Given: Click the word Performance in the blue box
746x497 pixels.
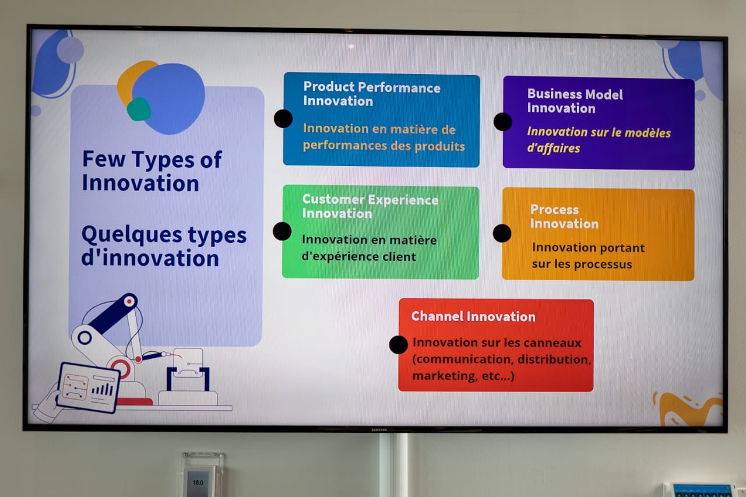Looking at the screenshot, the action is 399,87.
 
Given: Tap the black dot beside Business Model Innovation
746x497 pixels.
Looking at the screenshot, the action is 502,122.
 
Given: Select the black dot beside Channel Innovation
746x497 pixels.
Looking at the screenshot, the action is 398,344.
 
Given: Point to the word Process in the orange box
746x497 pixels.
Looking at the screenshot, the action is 554,210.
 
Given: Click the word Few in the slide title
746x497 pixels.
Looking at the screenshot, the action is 104,159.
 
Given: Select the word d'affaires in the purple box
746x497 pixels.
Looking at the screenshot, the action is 553,148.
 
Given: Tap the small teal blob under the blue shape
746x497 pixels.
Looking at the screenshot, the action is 139,109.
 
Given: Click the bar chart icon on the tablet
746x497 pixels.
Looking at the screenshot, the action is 103,389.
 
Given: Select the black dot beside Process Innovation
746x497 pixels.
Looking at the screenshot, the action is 502,233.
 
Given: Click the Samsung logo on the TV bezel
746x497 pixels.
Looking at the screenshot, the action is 379,430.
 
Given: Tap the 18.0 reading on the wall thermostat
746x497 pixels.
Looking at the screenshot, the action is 198,482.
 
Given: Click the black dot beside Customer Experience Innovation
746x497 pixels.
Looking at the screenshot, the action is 282,231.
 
